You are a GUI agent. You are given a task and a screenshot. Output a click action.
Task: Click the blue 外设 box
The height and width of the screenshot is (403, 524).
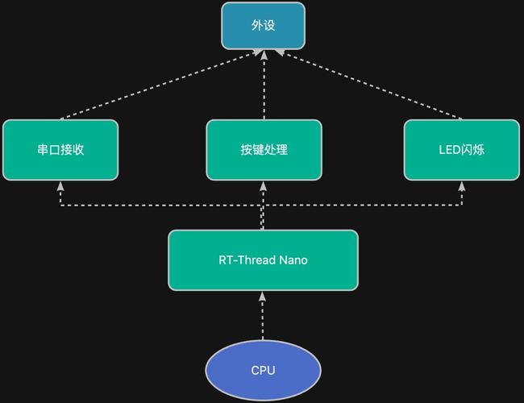[x=264, y=26]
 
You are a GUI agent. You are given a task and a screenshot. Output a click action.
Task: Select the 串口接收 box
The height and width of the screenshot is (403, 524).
[x=60, y=150]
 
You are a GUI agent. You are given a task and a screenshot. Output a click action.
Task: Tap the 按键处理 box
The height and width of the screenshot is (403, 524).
[x=264, y=150]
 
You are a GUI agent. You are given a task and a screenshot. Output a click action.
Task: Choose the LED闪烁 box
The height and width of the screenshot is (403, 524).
[x=462, y=150]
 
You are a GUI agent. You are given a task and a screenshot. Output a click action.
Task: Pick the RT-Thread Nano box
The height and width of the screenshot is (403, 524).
[x=263, y=260]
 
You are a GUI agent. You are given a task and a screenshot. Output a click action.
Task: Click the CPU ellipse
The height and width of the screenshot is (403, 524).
[x=263, y=371]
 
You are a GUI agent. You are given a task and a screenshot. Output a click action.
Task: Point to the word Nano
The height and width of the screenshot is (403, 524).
[x=293, y=260]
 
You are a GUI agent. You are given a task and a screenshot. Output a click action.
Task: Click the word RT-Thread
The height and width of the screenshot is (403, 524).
[x=247, y=260]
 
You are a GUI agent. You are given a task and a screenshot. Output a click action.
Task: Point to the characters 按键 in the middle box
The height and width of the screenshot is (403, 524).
[x=252, y=150]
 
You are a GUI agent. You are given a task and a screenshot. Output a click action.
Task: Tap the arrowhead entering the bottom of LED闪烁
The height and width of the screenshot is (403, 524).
[x=462, y=185]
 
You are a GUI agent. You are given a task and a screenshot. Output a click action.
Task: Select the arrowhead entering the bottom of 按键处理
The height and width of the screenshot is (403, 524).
[x=263, y=185]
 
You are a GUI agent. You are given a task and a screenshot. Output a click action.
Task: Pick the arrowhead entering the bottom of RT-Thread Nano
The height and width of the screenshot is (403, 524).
[x=263, y=295]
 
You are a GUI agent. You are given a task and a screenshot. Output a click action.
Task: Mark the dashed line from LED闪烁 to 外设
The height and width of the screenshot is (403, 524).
[x=371, y=85]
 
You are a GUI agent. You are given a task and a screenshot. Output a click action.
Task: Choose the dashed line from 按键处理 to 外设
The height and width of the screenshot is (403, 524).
[x=264, y=89]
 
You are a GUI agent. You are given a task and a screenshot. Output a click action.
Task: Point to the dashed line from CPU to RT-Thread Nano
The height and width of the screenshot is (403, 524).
[x=263, y=318]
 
